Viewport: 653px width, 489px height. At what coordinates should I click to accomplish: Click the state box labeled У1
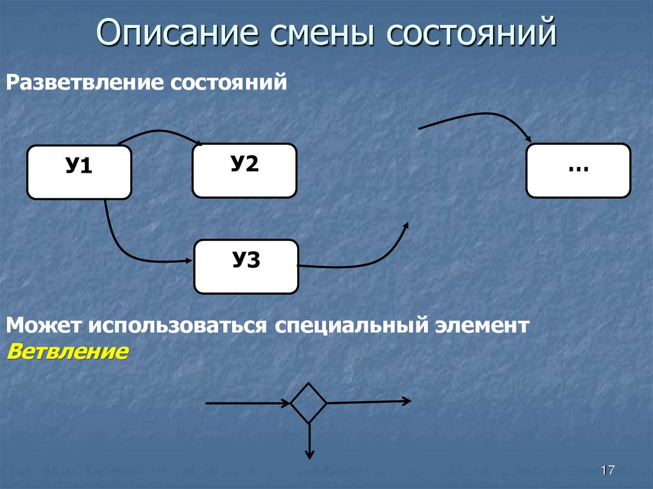pos(79,172)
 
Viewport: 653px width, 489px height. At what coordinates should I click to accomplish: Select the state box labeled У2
pos(244,170)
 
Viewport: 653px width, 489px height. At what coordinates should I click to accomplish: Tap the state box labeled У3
pos(246,266)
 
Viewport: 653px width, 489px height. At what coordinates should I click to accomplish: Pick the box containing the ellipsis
pos(578,170)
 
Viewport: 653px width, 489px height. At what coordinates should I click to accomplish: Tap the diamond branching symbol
pos(309,403)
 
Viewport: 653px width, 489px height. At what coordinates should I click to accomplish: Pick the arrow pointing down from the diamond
pos(309,440)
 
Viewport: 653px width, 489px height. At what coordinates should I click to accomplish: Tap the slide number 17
pos(607,471)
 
